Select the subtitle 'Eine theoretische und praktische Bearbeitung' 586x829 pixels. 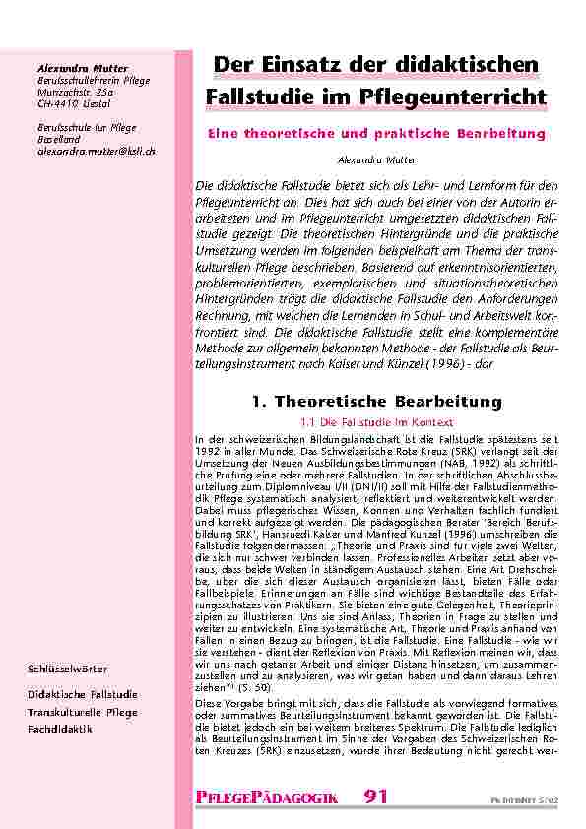click(375, 132)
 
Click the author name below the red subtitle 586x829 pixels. click(375, 159)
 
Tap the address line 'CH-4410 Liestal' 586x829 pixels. click(71, 102)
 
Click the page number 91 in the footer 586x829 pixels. click(377, 797)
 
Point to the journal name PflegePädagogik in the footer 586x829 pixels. click(268, 798)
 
